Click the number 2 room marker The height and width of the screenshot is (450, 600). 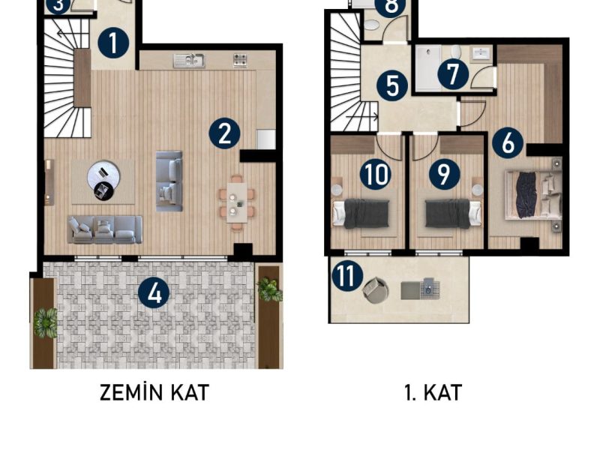(x=224, y=134)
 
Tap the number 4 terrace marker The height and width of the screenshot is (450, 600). (x=154, y=293)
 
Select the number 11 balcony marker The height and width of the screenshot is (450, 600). (x=347, y=276)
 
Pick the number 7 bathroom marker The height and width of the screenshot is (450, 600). (x=453, y=73)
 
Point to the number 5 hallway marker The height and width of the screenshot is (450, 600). (x=392, y=85)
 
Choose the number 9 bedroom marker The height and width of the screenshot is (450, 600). (x=444, y=174)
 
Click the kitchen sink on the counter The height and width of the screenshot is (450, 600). (x=188, y=61)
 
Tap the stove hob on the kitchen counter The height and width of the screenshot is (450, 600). (x=240, y=60)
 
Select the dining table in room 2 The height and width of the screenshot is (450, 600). (x=237, y=202)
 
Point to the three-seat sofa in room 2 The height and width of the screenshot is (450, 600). (x=105, y=229)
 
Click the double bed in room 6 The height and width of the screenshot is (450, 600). (x=534, y=196)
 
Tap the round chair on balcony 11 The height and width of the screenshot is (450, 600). (x=375, y=290)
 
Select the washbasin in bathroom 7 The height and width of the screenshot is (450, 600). (x=480, y=53)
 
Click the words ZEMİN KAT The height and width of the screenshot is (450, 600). (x=154, y=392)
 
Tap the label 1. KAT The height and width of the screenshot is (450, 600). (x=433, y=392)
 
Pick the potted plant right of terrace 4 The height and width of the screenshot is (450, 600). (x=269, y=289)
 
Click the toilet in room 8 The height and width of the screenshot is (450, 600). (x=371, y=25)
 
